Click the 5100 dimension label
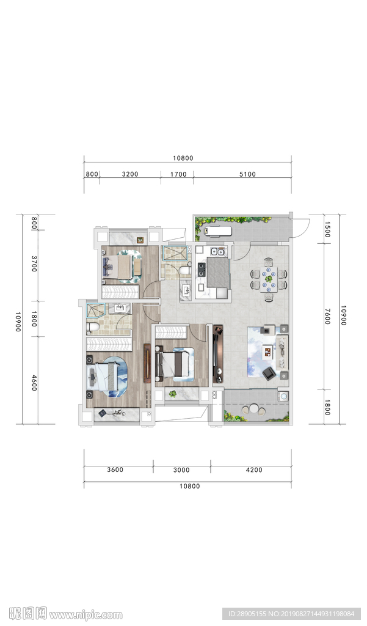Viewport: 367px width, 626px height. coord(247,174)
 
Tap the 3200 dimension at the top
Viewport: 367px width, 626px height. coord(130,174)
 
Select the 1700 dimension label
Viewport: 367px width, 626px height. coord(178,174)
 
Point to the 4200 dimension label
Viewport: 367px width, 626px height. coord(254,470)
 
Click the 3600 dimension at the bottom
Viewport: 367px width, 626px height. coord(115,470)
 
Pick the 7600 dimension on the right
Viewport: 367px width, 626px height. coord(327,316)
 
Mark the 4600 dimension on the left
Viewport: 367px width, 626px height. coord(34,383)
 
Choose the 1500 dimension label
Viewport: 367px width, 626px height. coord(327,230)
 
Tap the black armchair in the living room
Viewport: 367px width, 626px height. coord(269,374)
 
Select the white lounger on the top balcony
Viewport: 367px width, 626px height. coord(217,230)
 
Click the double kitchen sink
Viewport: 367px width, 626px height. coord(218,251)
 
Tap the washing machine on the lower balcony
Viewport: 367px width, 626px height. coord(283,396)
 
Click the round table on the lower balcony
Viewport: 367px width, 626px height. coord(254,408)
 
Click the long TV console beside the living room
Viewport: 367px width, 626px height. coord(218,354)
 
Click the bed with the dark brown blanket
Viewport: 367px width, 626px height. coord(174,363)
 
